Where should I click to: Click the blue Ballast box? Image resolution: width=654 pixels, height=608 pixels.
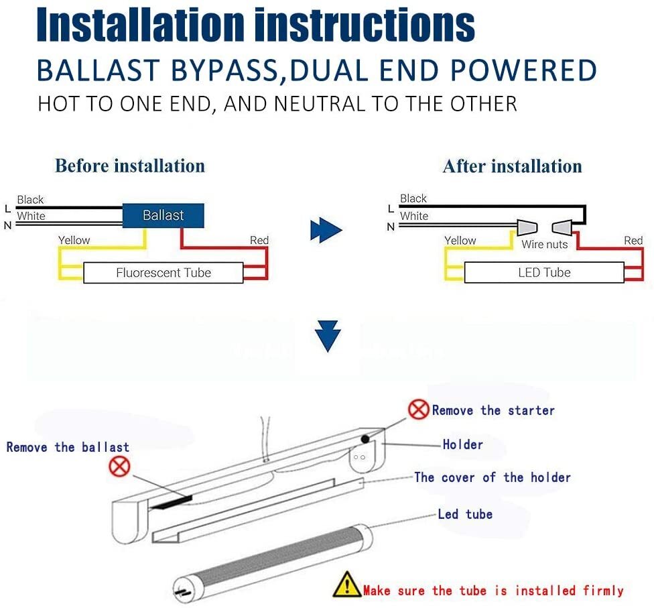click(x=163, y=215)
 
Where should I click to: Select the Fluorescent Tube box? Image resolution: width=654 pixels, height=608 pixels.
click(x=163, y=273)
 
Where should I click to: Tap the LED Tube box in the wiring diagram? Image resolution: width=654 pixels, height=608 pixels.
click(x=543, y=273)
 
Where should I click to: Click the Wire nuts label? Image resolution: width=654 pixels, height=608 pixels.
click(x=544, y=245)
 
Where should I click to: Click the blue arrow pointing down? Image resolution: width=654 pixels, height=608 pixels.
click(x=328, y=336)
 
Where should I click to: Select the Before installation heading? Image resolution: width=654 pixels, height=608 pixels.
click(x=130, y=166)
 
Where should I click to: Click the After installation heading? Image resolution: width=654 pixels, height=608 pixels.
click(x=512, y=166)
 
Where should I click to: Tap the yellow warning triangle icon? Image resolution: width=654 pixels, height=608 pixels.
click(x=346, y=585)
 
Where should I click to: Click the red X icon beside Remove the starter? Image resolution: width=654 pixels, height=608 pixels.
click(x=418, y=410)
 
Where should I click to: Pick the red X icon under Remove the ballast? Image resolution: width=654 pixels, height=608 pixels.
click(x=119, y=466)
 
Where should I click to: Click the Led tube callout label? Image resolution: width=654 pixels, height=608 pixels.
click(x=465, y=514)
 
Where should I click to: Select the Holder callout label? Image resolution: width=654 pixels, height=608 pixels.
click(x=462, y=444)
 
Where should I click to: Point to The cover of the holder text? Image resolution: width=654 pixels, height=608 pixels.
click(x=493, y=477)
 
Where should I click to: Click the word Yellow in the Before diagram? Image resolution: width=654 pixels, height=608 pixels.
click(x=74, y=240)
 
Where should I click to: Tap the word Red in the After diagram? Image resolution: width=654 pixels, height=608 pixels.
click(x=633, y=240)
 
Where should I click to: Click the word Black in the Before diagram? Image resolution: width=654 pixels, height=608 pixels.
click(x=30, y=200)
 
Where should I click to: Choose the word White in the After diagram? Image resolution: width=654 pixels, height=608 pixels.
click(x=413, y=216)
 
